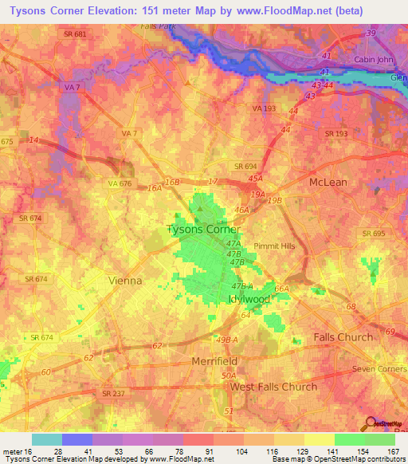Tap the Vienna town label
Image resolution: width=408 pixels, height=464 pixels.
tap(124, 281)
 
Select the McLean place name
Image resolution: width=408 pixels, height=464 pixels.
tap(328, 182)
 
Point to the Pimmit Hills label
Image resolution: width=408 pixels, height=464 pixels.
tap(274, 246)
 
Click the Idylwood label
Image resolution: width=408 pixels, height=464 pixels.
tap(250, 298)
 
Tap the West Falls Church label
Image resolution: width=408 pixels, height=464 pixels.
tap(273, 387)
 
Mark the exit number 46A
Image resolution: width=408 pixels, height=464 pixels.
tap(241, 210)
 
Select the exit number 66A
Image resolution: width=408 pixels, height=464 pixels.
tap(281, 289)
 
